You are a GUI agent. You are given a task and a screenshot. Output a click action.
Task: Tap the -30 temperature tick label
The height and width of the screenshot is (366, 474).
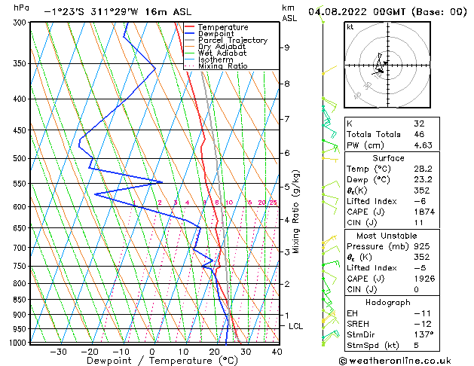(x=58, y=351)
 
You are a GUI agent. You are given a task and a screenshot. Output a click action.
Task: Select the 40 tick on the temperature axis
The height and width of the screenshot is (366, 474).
(x=277, y=351)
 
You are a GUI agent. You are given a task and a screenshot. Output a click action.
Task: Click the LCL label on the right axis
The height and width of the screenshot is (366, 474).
(x=296, y=326)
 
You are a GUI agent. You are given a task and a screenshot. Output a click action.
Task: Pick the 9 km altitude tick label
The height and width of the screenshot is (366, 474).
(x=286, y=47)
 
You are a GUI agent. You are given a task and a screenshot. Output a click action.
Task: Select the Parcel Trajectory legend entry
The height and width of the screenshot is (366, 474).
(x=232, y=41)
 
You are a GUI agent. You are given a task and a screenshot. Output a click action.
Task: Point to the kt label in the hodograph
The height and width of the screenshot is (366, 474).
(x=350, y=27)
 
